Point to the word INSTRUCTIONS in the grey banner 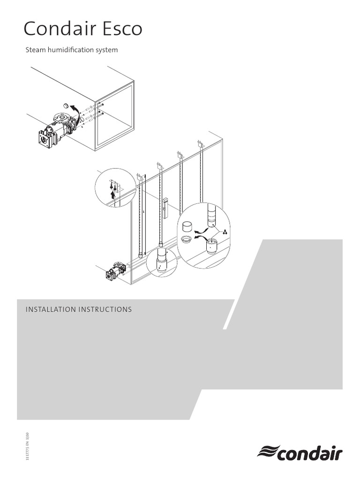pos(107,310)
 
